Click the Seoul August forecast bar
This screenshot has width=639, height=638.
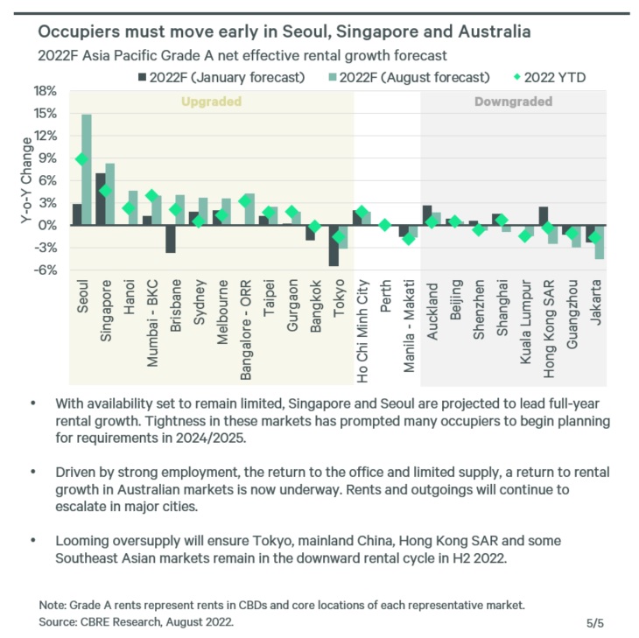click(87, 170)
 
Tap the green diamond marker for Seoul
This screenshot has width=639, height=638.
click(81, 159)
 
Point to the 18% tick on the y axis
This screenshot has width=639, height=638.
click(45, 91)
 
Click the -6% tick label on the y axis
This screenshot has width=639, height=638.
click(45, 270)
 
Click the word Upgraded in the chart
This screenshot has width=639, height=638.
click(210, 102)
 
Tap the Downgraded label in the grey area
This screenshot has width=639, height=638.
click(513, 102)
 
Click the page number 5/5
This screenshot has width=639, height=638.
click(595, 622)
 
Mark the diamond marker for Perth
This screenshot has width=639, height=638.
click(384, 225)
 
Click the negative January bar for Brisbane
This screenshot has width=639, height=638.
click(171, 239)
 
